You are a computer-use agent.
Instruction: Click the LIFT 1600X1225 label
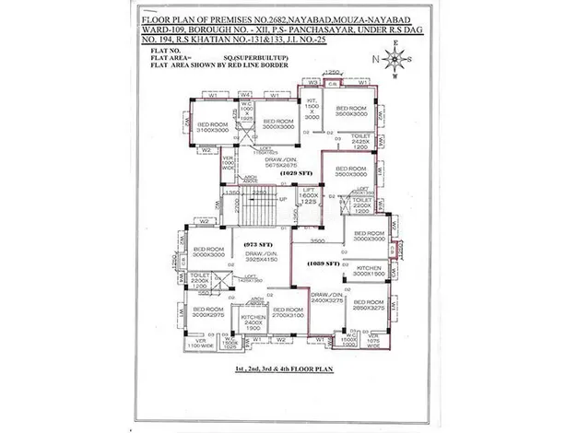(309, 198)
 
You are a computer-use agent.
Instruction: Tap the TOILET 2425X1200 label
(361, 142)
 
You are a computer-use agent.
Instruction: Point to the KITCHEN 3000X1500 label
(369, 271)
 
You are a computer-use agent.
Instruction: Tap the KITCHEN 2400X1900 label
(253, 322)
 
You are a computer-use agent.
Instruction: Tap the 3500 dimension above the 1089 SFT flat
(318, 239)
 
